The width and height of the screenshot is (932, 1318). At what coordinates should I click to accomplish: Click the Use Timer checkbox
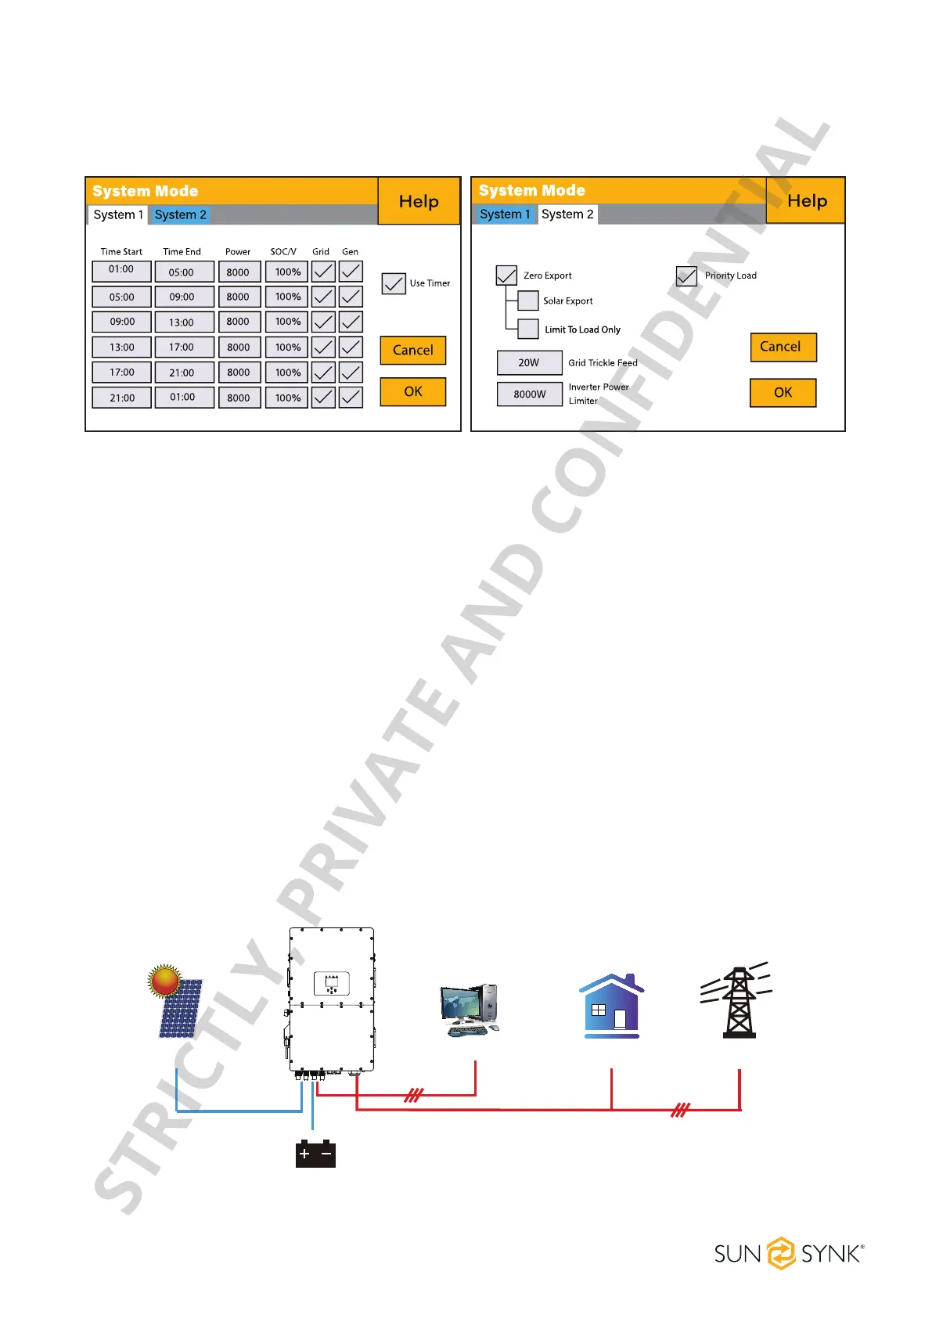[x=394, y=283]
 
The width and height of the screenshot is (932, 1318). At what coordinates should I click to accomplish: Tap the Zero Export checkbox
[x=506, y=275]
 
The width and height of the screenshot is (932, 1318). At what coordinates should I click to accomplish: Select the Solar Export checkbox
[x=528, y=301]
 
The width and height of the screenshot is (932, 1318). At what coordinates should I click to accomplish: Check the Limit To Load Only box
[x=528, y=329]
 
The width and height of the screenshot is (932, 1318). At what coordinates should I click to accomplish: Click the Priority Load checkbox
[x=686, y=275]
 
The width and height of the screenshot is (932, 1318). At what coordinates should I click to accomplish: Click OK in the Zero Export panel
[x=783, y=393]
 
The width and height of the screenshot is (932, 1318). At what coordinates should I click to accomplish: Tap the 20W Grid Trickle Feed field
[x=529, y=363]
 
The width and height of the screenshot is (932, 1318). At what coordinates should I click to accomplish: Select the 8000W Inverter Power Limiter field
[x=529, y=394]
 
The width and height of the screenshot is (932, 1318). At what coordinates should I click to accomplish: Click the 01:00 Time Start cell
[x=121, y=271]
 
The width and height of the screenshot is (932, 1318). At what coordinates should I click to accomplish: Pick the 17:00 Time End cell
[x=182, y=348]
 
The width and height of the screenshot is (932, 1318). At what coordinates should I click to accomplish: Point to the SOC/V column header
[x=283, y=252]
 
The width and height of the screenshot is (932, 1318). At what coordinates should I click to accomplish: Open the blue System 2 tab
[x=181, y=215]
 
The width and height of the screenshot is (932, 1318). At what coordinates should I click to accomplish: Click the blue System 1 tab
[x=505, y=214]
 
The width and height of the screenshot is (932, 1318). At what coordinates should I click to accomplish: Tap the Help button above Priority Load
[x=807, y=201]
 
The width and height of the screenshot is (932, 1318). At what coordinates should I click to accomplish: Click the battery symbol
[x=315, y=1154]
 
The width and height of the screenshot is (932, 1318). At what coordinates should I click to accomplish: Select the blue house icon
[x=612, y=1007]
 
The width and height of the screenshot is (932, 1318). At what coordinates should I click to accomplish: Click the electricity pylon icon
[x=738, y=1002]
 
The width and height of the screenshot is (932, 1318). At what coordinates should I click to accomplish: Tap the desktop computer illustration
[x=470, y=1010]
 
